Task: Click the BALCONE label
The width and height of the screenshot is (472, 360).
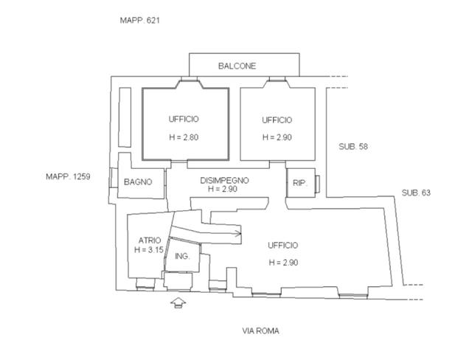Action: click(237, 66)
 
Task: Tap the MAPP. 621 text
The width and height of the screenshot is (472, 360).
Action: click(139, 21)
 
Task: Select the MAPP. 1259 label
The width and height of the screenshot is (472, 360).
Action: click(68, 176)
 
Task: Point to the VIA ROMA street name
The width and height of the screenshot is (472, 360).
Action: click(260, 331)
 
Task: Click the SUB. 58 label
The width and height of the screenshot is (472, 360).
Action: click(353, 147)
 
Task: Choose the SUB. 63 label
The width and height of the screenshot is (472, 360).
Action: click(416, 193)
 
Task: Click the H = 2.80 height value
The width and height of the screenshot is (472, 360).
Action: click(184, 137)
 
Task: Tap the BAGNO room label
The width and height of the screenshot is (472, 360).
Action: click(138, 181)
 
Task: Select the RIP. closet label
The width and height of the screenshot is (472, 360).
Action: click(299, 183)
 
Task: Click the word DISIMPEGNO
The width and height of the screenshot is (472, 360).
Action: click(224, 180)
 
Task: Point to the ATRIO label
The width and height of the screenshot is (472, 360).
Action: click(150, 240)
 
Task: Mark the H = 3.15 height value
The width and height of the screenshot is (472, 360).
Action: click(149, 250)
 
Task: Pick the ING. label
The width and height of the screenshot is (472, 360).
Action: click(182, 257)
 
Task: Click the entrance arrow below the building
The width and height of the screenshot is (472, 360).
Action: click(178, 302)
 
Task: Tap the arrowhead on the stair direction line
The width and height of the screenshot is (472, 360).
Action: click(239, 233)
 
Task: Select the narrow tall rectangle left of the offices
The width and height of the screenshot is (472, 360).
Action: click(125, 117)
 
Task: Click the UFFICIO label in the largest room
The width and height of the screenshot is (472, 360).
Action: click(283, 246)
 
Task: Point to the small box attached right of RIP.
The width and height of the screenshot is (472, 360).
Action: click(317, 184)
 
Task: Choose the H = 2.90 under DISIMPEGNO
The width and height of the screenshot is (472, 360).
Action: click(223, 189)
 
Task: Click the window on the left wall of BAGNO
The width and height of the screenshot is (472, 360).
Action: click(114, 178)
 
